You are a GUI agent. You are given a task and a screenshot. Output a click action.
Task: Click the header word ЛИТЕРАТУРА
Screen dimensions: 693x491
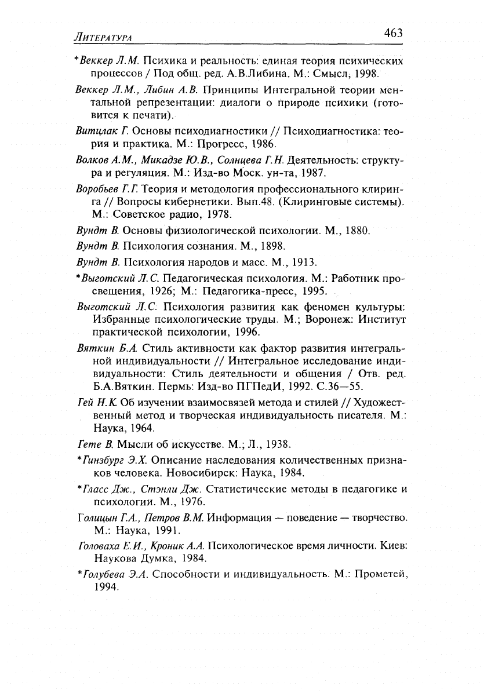(x=101, y=37)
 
